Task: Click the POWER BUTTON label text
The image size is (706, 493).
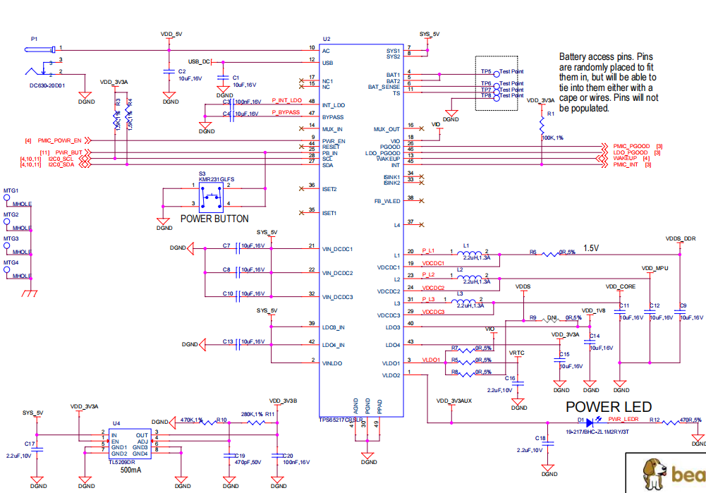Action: click(214, 219)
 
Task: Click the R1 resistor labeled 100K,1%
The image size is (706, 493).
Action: click(541, 125)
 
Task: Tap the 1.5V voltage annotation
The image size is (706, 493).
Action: click(590, 248)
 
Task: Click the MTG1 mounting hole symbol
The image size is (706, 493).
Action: click(7, 199)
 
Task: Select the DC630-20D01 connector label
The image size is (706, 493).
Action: click(47, 85)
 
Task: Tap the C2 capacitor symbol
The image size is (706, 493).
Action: click(168, 71)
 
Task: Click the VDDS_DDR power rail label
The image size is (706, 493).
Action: click(681, 239)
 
